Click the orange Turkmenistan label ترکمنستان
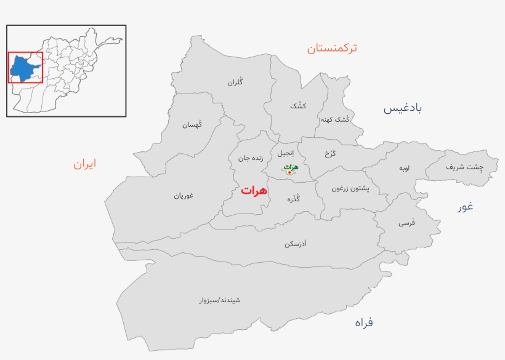[x=332, y=47]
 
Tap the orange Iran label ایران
[x=85, y=164]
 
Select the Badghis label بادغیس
[x=403, y=108]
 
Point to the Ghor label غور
[x=465, y=206]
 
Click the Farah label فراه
[x=363, y=322]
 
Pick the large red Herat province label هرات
[x=254, y=190]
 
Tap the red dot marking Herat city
[x=289, y=172]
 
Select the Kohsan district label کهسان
[x=192, y=125]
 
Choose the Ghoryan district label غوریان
[x=183, y=196]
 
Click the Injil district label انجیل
[x=286, y=152]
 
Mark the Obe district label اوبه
[x=404, y=168]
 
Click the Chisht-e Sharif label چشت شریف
[x=465, y=166]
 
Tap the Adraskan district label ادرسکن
[x=296, y=244]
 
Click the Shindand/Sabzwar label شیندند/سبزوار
[x=220, y=300]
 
